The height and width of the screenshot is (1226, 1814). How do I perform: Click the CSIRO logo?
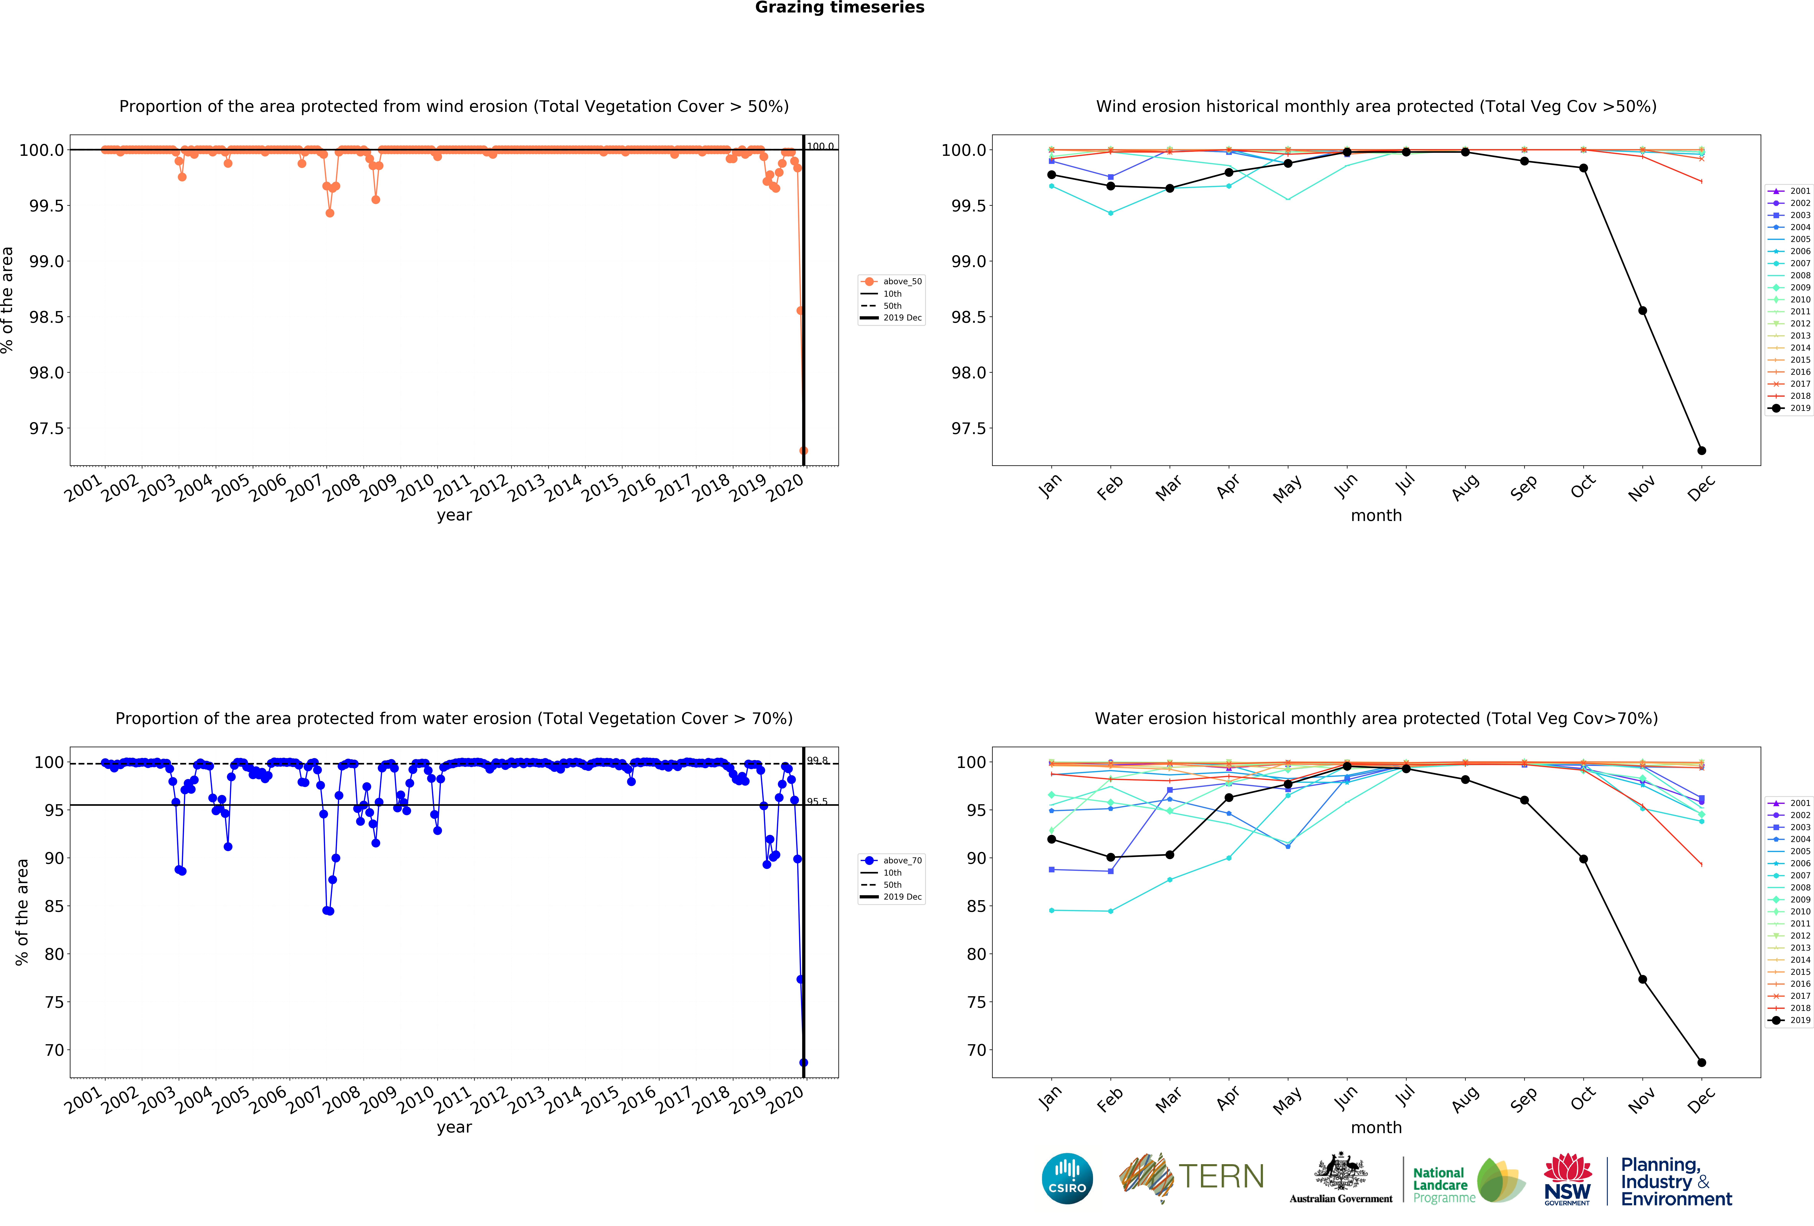point(1067,1178)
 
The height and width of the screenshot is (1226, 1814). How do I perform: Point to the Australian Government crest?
point(1340,1171)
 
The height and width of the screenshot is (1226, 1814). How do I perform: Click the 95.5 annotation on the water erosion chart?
point(817,802)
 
